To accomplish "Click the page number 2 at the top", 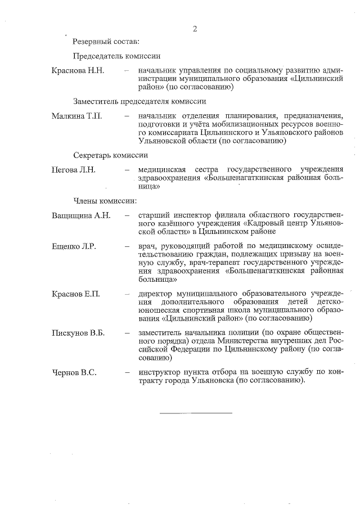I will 195,29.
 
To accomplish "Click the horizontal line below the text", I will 196,413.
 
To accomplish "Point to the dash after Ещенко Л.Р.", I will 127,246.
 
